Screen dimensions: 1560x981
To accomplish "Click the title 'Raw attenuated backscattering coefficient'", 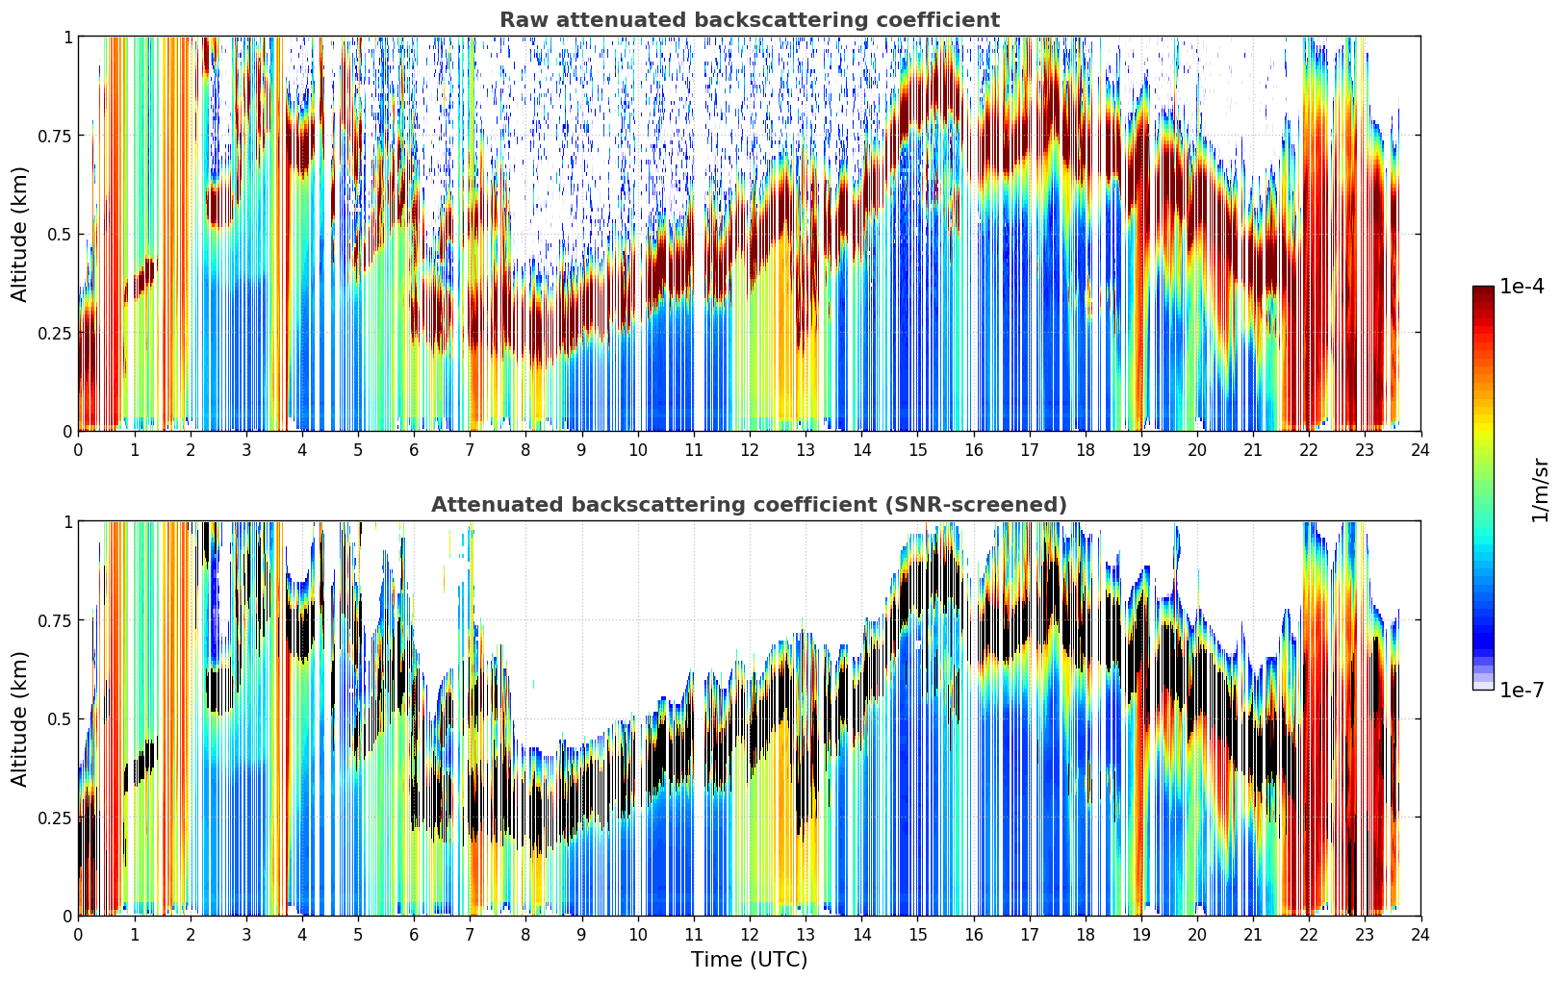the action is tap(750, 20).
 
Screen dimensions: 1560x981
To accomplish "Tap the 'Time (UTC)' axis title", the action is tap(750, 960).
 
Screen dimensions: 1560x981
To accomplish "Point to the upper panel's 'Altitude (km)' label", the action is tap(19, 235).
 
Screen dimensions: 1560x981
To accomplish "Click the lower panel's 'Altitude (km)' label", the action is tap(19, 719).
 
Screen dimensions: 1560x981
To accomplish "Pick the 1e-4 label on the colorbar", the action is tap(1522, 287).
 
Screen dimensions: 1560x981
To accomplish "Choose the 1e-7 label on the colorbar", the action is tap(1522, 691).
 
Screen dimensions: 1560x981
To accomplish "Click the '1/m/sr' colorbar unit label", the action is tap(1540, 490).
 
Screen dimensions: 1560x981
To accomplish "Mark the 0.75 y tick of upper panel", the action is tap(56, 136).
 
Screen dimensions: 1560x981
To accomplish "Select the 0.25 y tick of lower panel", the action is tap(56, 817).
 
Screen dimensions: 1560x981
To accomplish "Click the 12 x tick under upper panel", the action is tap(750, 449).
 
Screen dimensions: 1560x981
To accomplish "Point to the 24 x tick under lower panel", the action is tap(1420, 935).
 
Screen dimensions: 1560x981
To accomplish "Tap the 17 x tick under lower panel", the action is tap(1030, 935).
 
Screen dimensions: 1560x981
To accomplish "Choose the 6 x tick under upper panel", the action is tap(414, 449).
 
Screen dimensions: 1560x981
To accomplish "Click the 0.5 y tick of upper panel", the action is tap(60, 235).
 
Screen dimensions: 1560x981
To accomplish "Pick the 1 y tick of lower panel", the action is tap(68, 522).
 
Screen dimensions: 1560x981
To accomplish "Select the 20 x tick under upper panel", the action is tap(1197, 449).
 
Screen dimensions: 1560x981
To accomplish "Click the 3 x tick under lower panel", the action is tap(245, 935).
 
